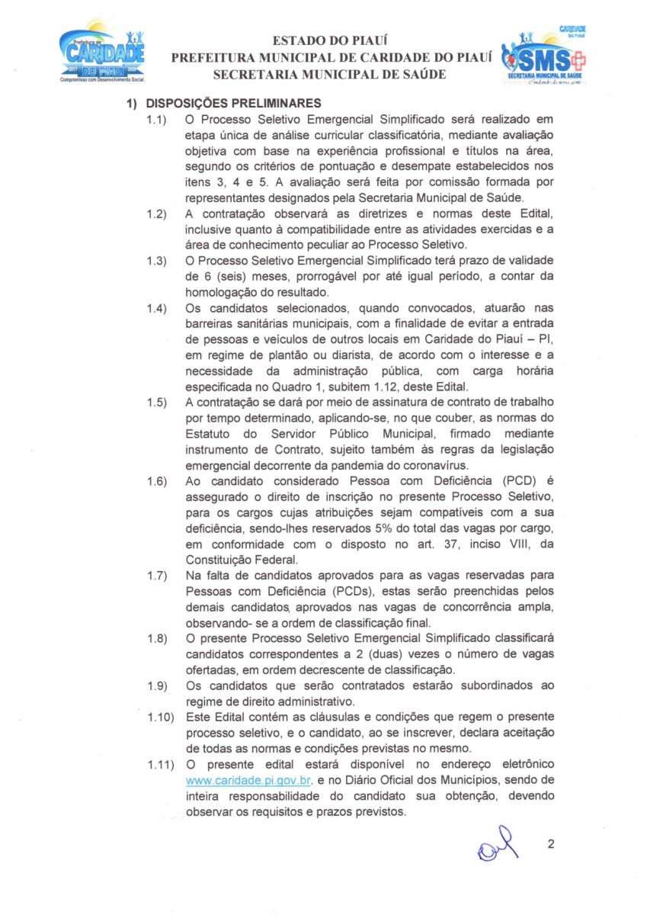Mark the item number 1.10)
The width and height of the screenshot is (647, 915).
[x=160, y=717]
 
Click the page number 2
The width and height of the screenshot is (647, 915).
[x=551, y=844]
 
